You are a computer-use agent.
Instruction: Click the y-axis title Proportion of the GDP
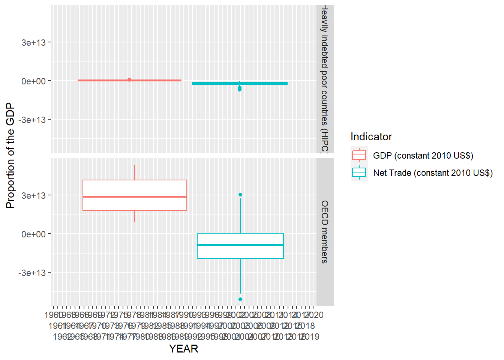pos(10,156)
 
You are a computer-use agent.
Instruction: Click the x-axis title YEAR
pos(183,349)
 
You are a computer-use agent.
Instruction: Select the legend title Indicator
pos(371,136)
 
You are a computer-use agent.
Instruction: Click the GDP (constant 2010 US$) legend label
pos(423,156)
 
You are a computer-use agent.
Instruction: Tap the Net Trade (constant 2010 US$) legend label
pos(433,173)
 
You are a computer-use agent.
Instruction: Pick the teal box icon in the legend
pos(359,172)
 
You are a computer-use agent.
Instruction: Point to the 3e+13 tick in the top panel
pos(33,43)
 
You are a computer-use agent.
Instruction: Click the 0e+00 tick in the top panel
pos(33,81)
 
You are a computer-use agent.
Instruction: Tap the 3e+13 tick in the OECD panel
pos(33,196)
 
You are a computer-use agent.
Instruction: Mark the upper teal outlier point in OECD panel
pos(240,195)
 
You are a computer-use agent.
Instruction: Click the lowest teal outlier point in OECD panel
pos(240,299)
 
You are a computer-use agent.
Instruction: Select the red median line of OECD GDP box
pos(135,196)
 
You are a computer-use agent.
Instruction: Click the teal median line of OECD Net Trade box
pos(240,245)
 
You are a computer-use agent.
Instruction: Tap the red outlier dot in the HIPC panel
pos(129,79)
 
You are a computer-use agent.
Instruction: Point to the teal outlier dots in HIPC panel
pos(240,89)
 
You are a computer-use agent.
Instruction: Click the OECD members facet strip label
pos(325,232)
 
